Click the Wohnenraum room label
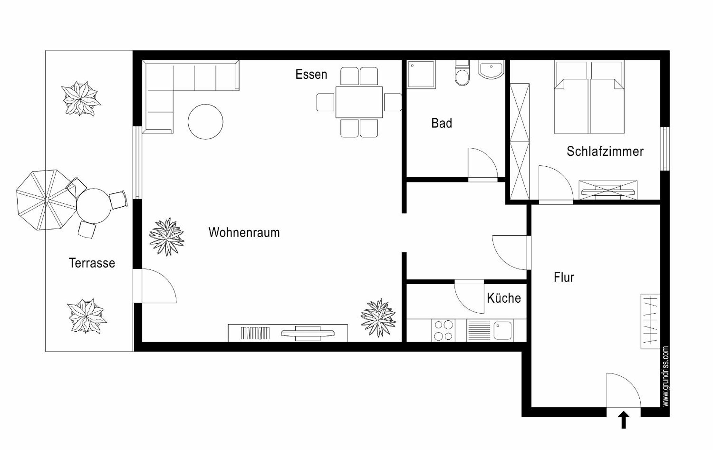pyautogui.click(x=244, y=232)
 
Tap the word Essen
pyautogui.click(x=311, y=74)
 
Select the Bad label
pyautogui.click(x=442, y=123)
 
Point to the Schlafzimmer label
pyautogui.click(x=605, y=151)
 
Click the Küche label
pyautogui.click(x=504, y=298)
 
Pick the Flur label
pyautogui.click(x=564, y=278)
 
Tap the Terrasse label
pyautogui.click(x=92, y=263)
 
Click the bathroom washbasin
pyautogui.click(x=491, y=70)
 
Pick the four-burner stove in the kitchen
pyautogui.click(x=443, y=330)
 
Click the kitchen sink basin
pyautogui.click(x=503, y=330)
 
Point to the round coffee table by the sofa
pyautogui.click(x=205, y=122)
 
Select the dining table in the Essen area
pyautogui.click(x=359, y=102)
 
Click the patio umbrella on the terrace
pyautogui.click(x=46, y=200)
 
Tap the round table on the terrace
pyautogui.click(x=93, y=206)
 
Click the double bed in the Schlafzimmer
pyautogui.click(x=589, y=97)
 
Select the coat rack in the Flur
pyautogui.click(x=650, y=322)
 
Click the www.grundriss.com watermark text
pyautogui.click(x=665, y=376)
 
